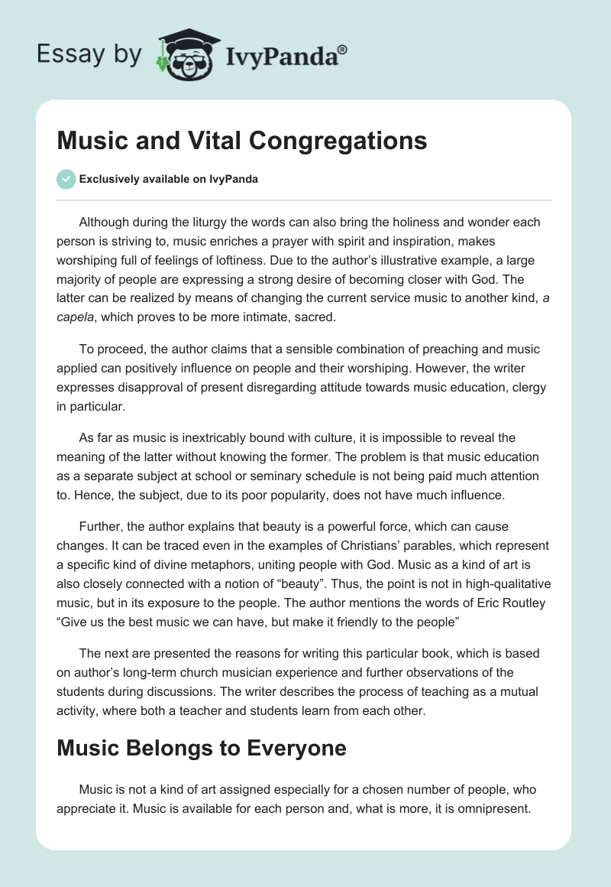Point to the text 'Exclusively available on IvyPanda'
coord(169,180)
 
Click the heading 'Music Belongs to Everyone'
coord(202,748)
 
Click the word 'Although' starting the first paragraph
coord(109,223)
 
